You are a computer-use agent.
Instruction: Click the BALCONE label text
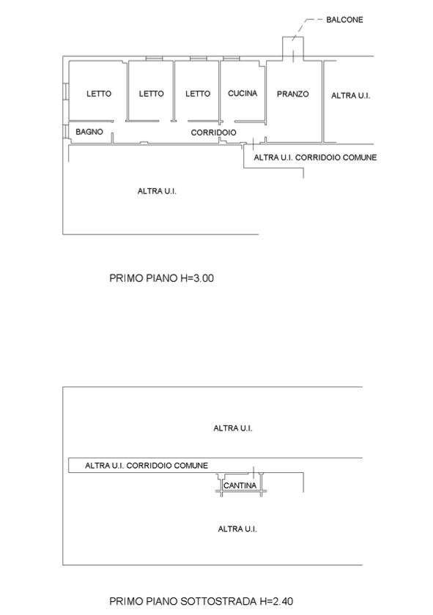click(344, 20)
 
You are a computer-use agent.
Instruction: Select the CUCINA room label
click(243, 94)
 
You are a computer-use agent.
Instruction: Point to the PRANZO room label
click(293, 94)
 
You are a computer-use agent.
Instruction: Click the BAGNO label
click(89, 132)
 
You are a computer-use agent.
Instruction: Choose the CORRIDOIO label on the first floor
click(213, 133)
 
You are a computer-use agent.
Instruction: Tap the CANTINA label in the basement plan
click(240, 485)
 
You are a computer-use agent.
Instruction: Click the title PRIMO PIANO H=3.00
click(161, 278)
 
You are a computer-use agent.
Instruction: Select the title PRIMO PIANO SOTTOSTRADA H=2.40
click(201, 601)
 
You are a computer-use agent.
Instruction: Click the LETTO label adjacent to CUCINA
click(198, 94)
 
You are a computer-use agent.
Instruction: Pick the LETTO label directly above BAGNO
click(99, 94)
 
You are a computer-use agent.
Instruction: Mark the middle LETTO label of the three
click(151, 94)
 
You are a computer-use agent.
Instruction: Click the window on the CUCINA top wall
click(232, 59)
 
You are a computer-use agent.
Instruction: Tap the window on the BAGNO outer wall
click(66, 131)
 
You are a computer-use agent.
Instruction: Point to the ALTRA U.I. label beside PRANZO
click(350, 96)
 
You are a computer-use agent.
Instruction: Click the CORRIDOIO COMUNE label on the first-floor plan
click(336, 157)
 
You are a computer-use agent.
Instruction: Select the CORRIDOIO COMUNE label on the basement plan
click(167, 466)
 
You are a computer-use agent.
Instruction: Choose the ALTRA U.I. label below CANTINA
click(237, 529)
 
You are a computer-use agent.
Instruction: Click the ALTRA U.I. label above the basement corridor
click(233, 428)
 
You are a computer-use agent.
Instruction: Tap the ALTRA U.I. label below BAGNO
click(157, 191)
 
